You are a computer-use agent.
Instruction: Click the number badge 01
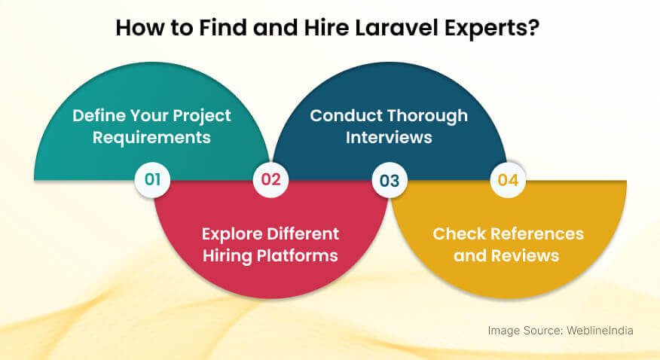click(153, 180)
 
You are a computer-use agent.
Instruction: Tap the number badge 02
click(271, 180)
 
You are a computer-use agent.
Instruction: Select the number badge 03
click(390, 180)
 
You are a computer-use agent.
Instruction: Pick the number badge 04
click(508, 180)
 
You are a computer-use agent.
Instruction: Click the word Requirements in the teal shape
click(151, 138)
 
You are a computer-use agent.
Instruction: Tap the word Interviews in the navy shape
click(390, 138)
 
